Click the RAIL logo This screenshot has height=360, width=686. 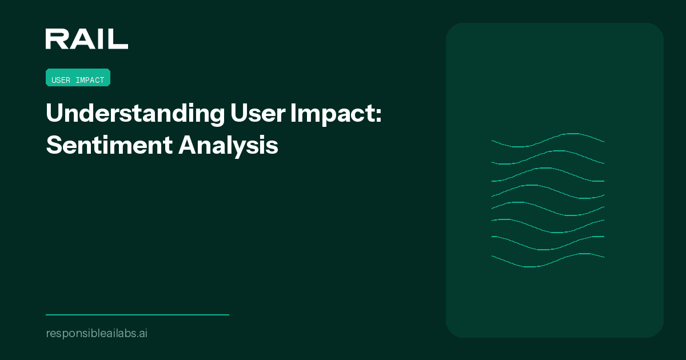(86, 39)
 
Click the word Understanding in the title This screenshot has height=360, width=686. (135, 114)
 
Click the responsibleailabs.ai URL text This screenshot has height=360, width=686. (96, 333)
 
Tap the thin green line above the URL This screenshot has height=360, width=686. (137, 314)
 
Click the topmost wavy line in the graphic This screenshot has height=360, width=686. (566, 134)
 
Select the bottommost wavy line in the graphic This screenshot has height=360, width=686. (529, 266)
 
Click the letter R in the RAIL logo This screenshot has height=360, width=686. (55, 39)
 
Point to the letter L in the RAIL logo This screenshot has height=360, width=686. (119, 39)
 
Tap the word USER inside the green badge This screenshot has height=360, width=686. (61, 80)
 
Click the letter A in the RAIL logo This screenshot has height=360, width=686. (80, 39)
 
